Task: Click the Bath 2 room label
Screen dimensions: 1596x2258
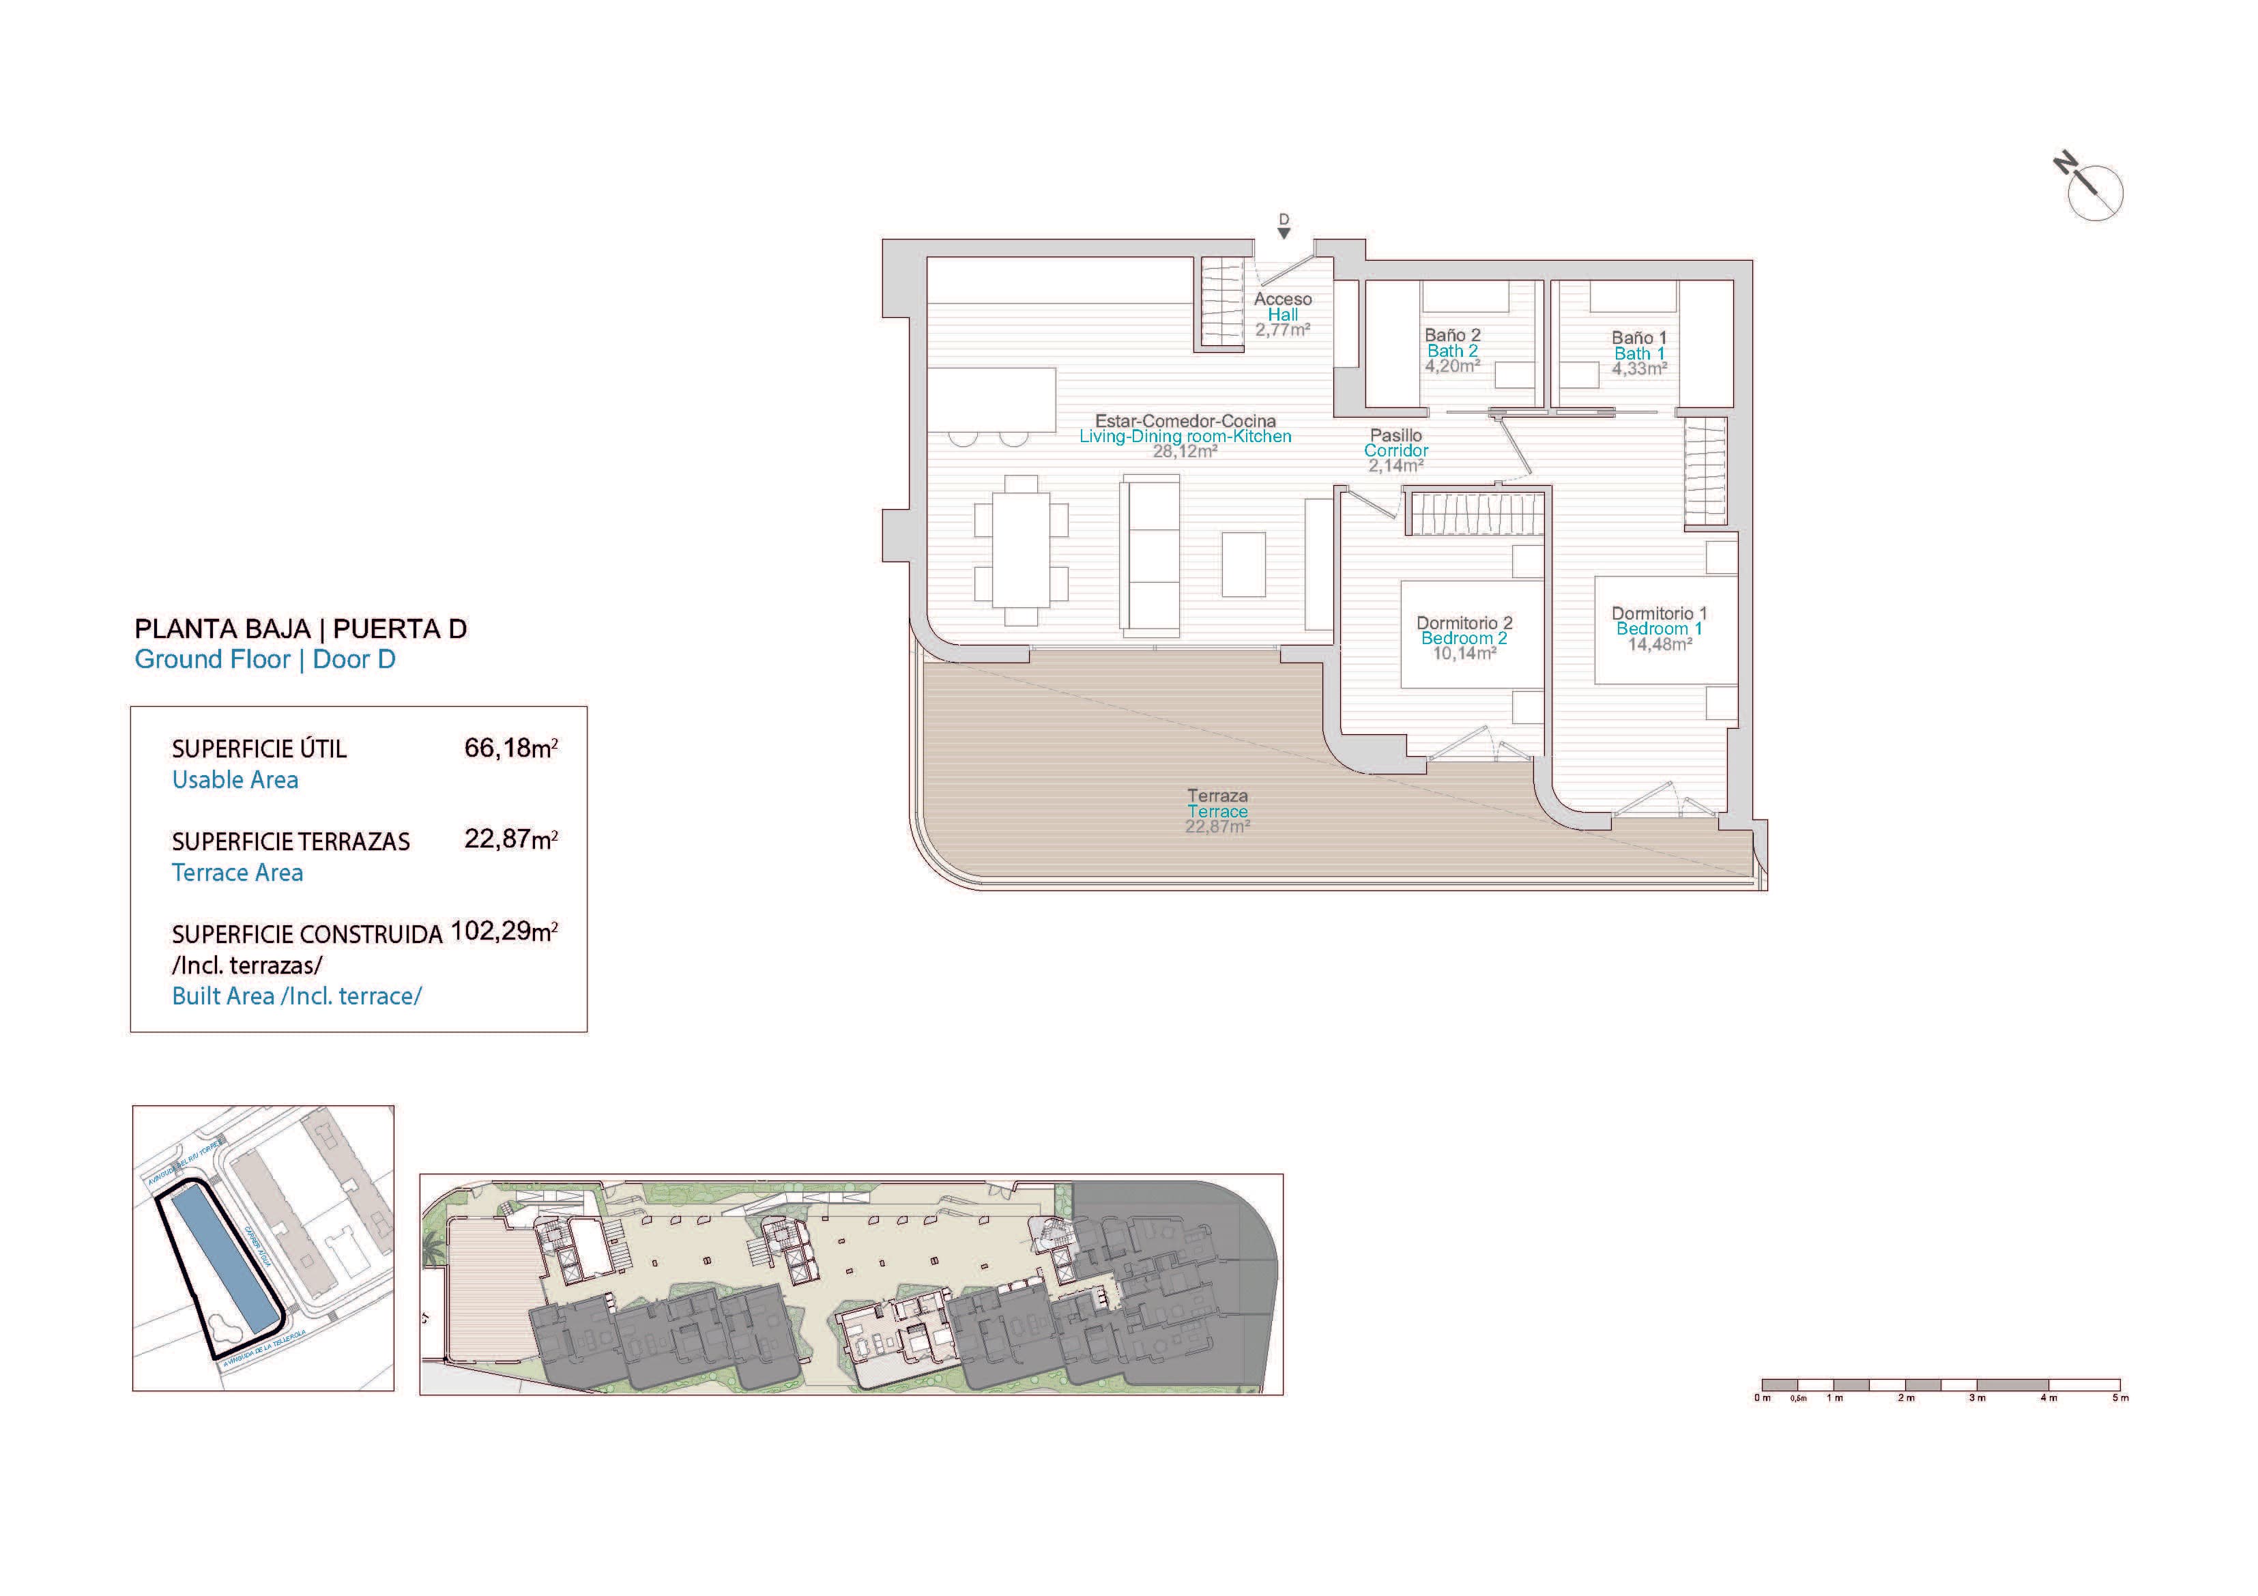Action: (1453, 351)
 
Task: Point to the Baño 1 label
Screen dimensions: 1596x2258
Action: (1638, 337)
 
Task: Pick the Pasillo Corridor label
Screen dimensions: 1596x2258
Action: (1395, 443)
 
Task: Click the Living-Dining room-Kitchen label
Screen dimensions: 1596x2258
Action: (1185, 435)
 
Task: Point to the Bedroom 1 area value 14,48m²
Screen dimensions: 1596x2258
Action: (1660, 645)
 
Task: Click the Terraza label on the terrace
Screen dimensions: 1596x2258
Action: (1217, 796)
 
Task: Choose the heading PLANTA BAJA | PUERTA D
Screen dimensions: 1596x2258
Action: (300, 629)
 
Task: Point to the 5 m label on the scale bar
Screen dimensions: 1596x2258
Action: (2119, 1398)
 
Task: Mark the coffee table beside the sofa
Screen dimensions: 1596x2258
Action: (1243, 564)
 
